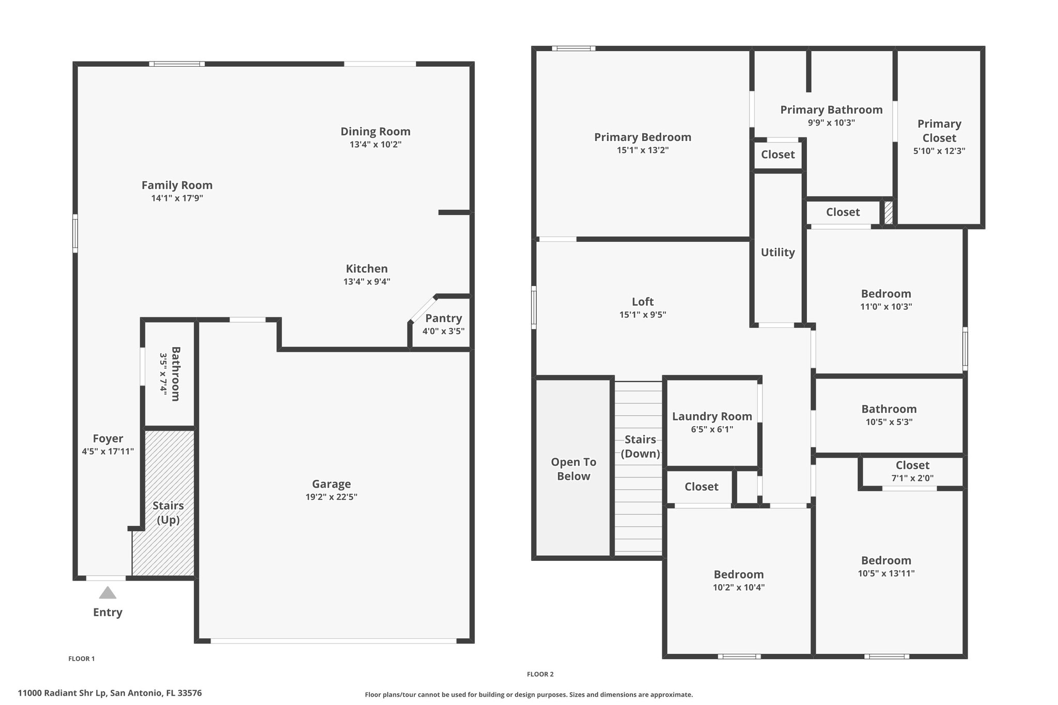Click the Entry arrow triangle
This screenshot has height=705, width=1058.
[x=107, y=592]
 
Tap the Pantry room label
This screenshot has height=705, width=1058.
[x=443, y=318]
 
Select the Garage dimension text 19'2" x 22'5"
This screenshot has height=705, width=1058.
[x=331, y=497]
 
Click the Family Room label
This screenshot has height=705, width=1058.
[x=177, y=185]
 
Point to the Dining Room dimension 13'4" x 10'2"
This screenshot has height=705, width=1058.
[x=376, y=144]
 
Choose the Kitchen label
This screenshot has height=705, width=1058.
[x=367, y=269]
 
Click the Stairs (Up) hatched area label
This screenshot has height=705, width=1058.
[x=168, y=512]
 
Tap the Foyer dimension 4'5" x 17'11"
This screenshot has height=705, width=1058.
[x=108, y=451]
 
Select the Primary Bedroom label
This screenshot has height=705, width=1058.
[x=643, y=137]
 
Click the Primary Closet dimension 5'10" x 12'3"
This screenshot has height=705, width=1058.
[x=939, y=151]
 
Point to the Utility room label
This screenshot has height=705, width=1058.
[x=777, y=253]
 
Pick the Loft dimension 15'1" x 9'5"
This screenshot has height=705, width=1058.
[x=643, y=315]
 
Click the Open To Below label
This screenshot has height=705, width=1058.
[x=573, y=469]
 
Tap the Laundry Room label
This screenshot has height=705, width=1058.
[x=712, y=416]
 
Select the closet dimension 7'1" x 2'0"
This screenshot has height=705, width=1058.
[x=912, y=478]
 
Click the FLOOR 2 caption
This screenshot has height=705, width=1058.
[x=540, y=674]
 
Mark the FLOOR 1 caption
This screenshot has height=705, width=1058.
[x=82, y=659]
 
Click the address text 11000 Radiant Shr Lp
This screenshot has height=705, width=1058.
[x=63, y=693]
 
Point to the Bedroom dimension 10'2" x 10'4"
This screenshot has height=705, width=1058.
[x=739, y=587]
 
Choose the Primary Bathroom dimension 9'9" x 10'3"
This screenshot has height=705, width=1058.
[x=831, y=123]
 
